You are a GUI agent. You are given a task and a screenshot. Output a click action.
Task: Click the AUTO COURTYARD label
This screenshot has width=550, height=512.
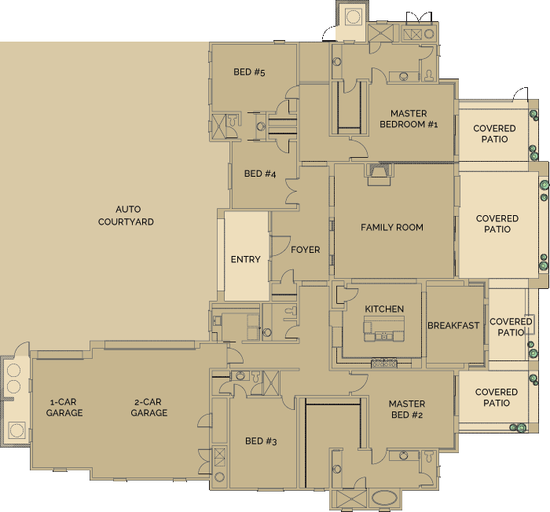tap(126, 215)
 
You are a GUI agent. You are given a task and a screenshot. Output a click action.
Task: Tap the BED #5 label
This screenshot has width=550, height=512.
tap(249, 72)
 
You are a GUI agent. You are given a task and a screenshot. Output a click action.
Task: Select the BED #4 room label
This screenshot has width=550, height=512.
tap(260, 174)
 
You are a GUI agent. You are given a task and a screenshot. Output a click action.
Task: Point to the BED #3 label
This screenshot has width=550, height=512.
tap(261, 441)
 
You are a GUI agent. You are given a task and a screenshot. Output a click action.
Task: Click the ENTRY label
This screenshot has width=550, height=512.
tap(245, 259)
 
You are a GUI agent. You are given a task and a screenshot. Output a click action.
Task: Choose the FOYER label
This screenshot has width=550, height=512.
tap(306, 250)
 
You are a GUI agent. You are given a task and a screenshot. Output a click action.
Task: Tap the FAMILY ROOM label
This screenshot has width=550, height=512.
tap(392, 227)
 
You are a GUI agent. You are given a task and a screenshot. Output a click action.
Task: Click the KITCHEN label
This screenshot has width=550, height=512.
tap(384, 309)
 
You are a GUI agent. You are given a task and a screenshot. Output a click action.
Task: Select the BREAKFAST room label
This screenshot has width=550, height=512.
tap(453, 325)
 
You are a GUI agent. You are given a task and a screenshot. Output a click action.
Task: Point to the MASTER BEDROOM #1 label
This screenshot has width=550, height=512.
tap(409, 119)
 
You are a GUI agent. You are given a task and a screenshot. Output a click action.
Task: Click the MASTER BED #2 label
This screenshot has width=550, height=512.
tap(407, 409)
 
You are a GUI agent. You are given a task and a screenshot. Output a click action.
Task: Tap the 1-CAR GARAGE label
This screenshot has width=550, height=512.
tap(64, 407)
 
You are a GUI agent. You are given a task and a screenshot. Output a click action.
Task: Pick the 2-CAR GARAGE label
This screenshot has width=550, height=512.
tap(149, 407)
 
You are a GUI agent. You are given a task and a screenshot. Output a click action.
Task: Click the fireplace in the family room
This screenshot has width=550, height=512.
tap(379, 174)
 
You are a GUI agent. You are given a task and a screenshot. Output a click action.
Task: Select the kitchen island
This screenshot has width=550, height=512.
tap(384, 328)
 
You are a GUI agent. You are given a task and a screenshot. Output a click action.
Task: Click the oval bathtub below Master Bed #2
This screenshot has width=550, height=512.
tap(385, 498)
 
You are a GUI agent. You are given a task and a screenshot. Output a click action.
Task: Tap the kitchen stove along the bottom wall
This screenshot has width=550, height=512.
tap(384, 363)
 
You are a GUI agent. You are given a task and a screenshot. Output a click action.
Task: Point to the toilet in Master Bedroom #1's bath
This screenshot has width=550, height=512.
tap(429, 75)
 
